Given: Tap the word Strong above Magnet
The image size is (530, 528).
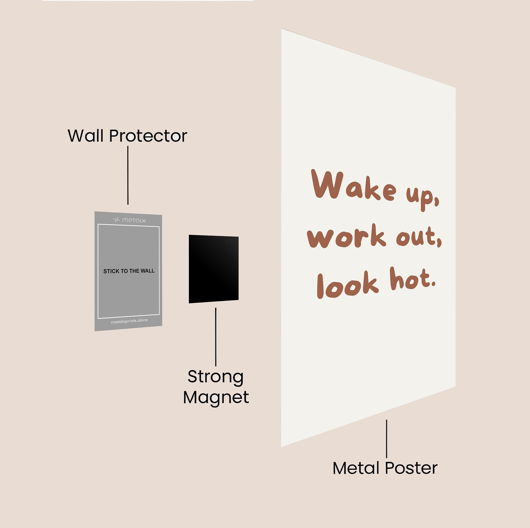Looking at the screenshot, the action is tap(216, 377).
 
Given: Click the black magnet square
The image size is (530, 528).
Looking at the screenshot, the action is tap(214, 269).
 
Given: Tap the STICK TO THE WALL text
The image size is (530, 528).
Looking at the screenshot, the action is tap(129, 271).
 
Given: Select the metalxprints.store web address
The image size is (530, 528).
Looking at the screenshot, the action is tap(129, 321).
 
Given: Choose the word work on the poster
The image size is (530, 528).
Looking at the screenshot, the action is tap(346, 236).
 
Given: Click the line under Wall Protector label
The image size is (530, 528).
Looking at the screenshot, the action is tap(128, 175).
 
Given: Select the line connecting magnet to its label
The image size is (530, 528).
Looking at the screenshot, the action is tap(216, 337).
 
